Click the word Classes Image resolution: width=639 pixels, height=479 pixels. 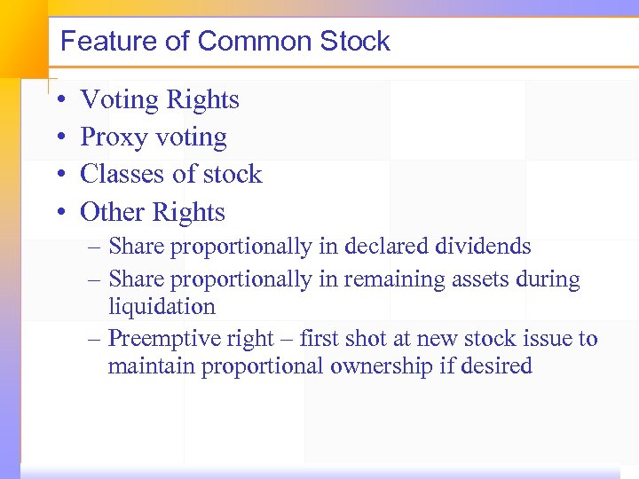(x=120, y=174)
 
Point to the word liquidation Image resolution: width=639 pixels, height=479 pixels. (x=162, y=307)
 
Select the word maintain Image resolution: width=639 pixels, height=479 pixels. (x=151, y=366)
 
